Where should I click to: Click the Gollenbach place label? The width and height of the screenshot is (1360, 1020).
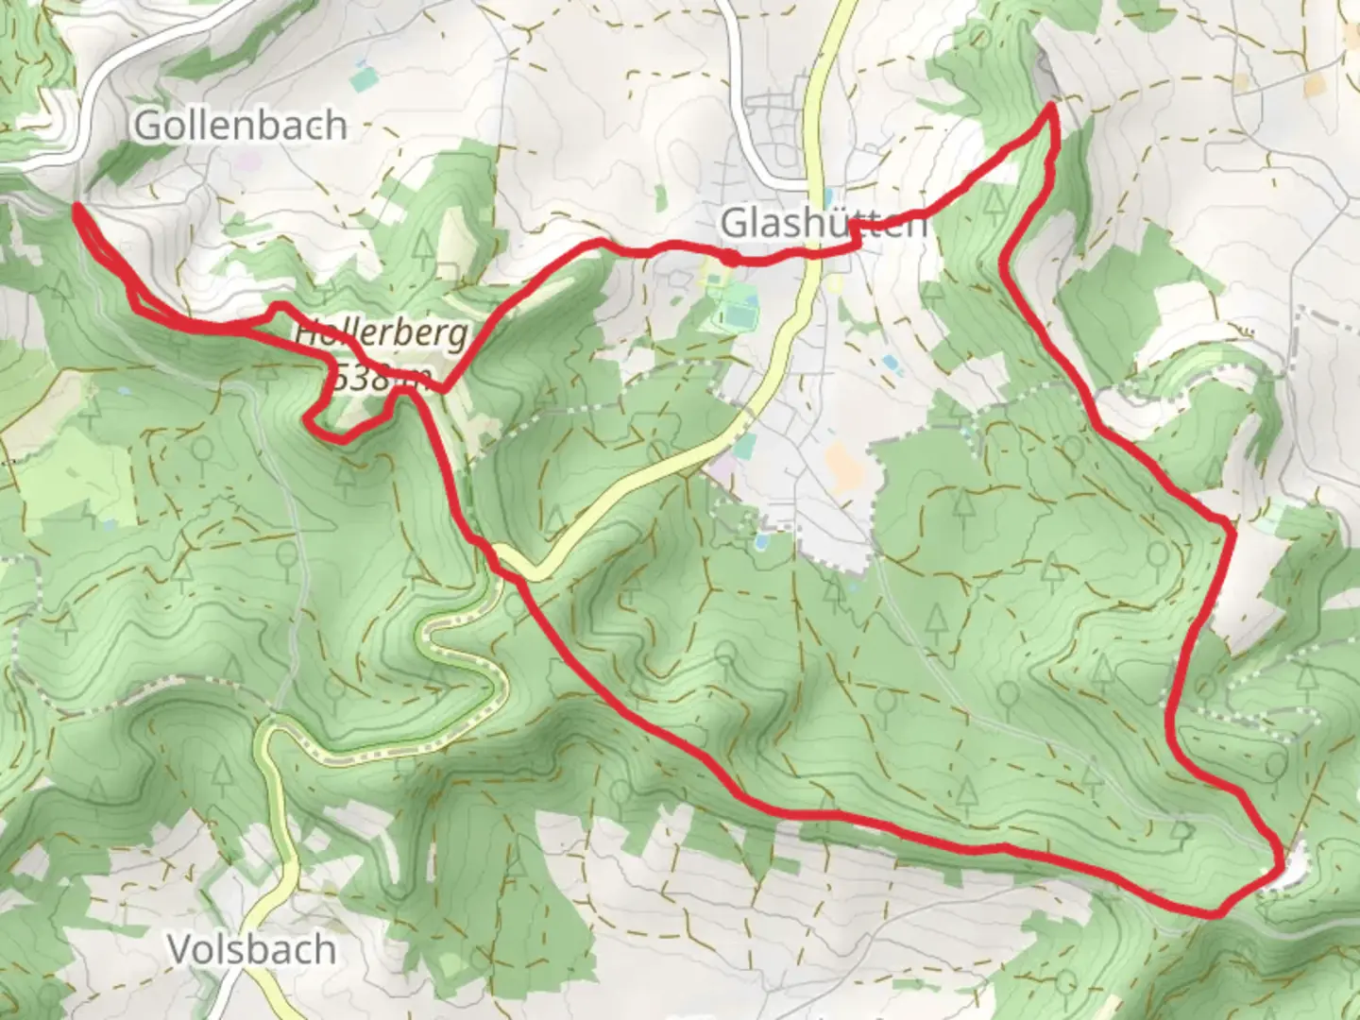(240, 125)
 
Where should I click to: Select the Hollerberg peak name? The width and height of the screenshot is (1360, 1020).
(381, 333)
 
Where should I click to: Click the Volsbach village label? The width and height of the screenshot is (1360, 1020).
(252, 949)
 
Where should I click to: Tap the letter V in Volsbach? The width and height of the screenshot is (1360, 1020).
(179, 949)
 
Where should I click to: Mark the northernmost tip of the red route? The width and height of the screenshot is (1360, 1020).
(1049, 110)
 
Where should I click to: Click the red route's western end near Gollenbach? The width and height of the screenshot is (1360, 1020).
(76, 205)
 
